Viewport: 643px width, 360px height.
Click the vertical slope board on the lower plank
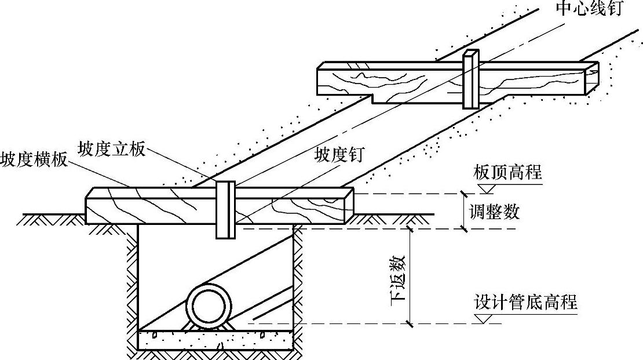[x=225, y=209]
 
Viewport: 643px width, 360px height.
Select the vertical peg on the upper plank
[x=470, y=80]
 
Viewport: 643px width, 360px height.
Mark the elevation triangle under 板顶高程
[x=485, y=187]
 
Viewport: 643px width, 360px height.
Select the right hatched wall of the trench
[x=299, y=290]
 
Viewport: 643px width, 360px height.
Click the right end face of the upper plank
[x=590, y=78]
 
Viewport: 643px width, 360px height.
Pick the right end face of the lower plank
[x=348, y=205]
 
